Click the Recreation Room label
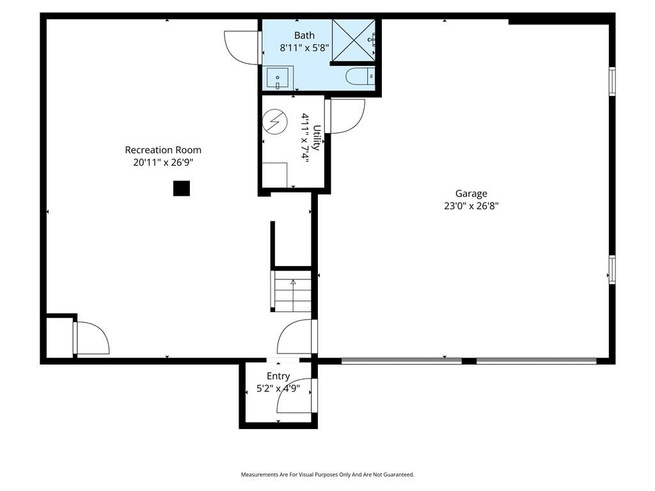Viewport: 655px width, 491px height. tap(163, 150)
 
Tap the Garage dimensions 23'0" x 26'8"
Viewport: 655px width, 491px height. tap(471, 206)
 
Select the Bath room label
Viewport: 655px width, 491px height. tap(304, 36)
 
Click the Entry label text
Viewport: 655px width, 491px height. tap(278, 376)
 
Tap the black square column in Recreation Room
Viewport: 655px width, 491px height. tap(182, 189)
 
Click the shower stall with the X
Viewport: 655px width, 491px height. tap(353, 40)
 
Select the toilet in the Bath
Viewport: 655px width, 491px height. tap(360, 77)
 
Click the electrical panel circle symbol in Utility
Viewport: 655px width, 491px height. tap(275, 121)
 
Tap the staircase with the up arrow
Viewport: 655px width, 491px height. tap(292, 291)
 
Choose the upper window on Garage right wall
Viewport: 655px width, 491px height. tap(612, 81)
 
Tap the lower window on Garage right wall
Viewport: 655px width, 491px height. tap(612, 270)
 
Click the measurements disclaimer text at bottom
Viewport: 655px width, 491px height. tap(327, 474)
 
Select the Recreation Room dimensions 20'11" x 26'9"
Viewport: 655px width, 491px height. tap(163, 162)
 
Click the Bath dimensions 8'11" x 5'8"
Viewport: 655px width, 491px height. tap(304, 48)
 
